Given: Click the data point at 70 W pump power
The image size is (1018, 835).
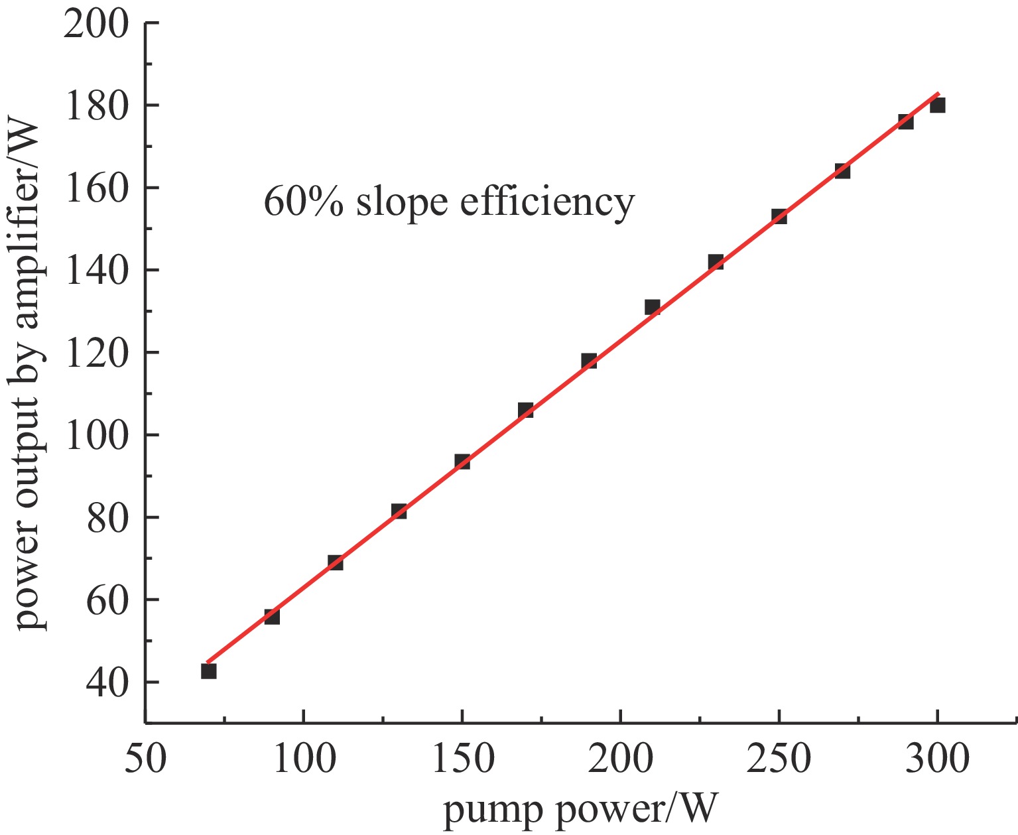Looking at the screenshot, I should [209, 671].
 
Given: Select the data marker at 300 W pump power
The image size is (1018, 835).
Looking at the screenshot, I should [937, 105].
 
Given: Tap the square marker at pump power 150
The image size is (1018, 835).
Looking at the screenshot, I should [462, 462].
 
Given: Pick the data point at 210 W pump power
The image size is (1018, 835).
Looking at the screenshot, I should [652, 307].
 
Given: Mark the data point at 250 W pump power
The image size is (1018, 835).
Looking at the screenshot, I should [779, 216].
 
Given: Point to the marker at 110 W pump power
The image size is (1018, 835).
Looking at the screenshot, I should [336, 562].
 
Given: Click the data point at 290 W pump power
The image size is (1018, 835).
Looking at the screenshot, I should [906, 121].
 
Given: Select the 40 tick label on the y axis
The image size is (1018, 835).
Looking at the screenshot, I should [105, 682].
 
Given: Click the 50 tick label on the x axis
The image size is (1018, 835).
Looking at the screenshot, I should [145, 758].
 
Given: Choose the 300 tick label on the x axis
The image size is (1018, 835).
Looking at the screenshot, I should [937, 758].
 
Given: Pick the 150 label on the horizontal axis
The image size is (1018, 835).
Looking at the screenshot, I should [462, 758].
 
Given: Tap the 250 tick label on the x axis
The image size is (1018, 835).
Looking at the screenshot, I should [779, 758].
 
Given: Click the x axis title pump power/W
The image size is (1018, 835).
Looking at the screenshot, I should [580, 810].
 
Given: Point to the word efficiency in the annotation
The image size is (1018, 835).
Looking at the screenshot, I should [547, 202].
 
